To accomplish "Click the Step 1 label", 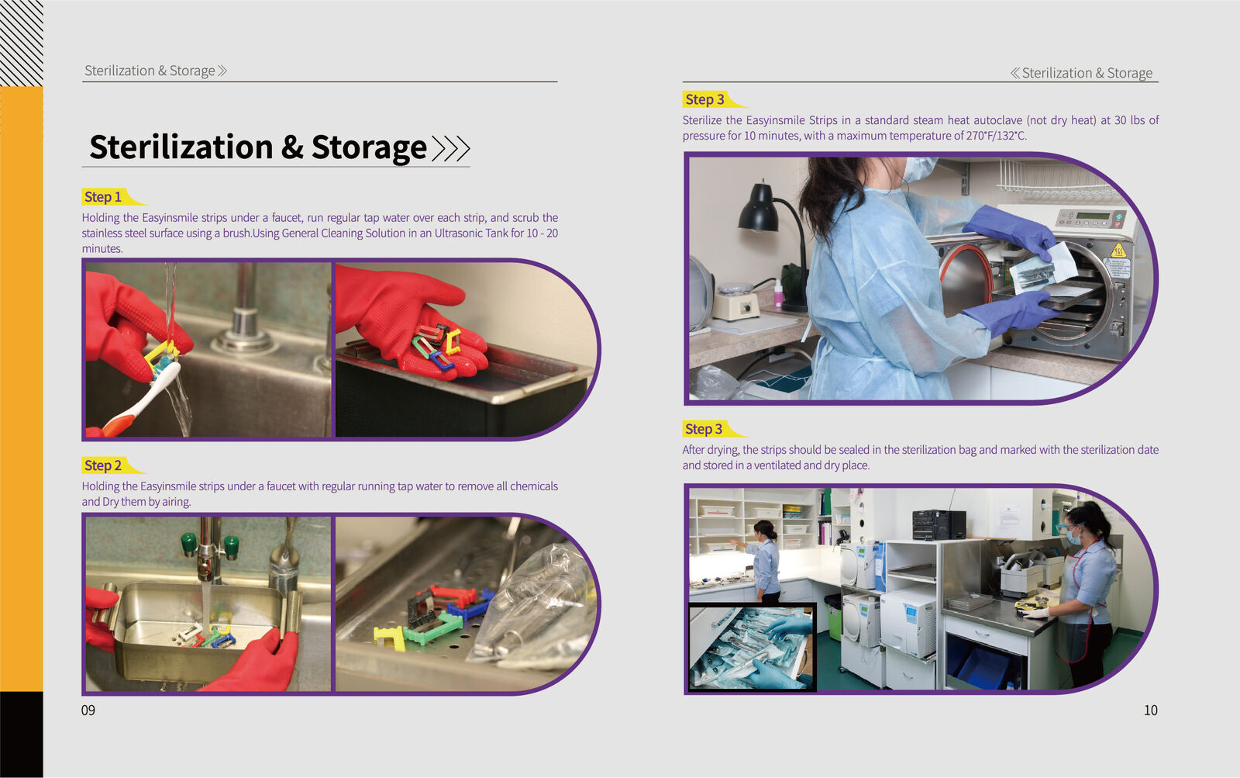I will point(103,197).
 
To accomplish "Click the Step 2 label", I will point(103,465).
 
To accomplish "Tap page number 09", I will point(88,711).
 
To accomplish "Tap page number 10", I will point(1150,711).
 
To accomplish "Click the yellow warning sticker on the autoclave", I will point(1118,250).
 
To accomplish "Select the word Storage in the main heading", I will point(369,147).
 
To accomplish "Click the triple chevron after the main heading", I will point(451,148).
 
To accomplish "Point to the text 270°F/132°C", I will point(996,136).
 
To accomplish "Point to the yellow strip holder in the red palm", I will point(453,340).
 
